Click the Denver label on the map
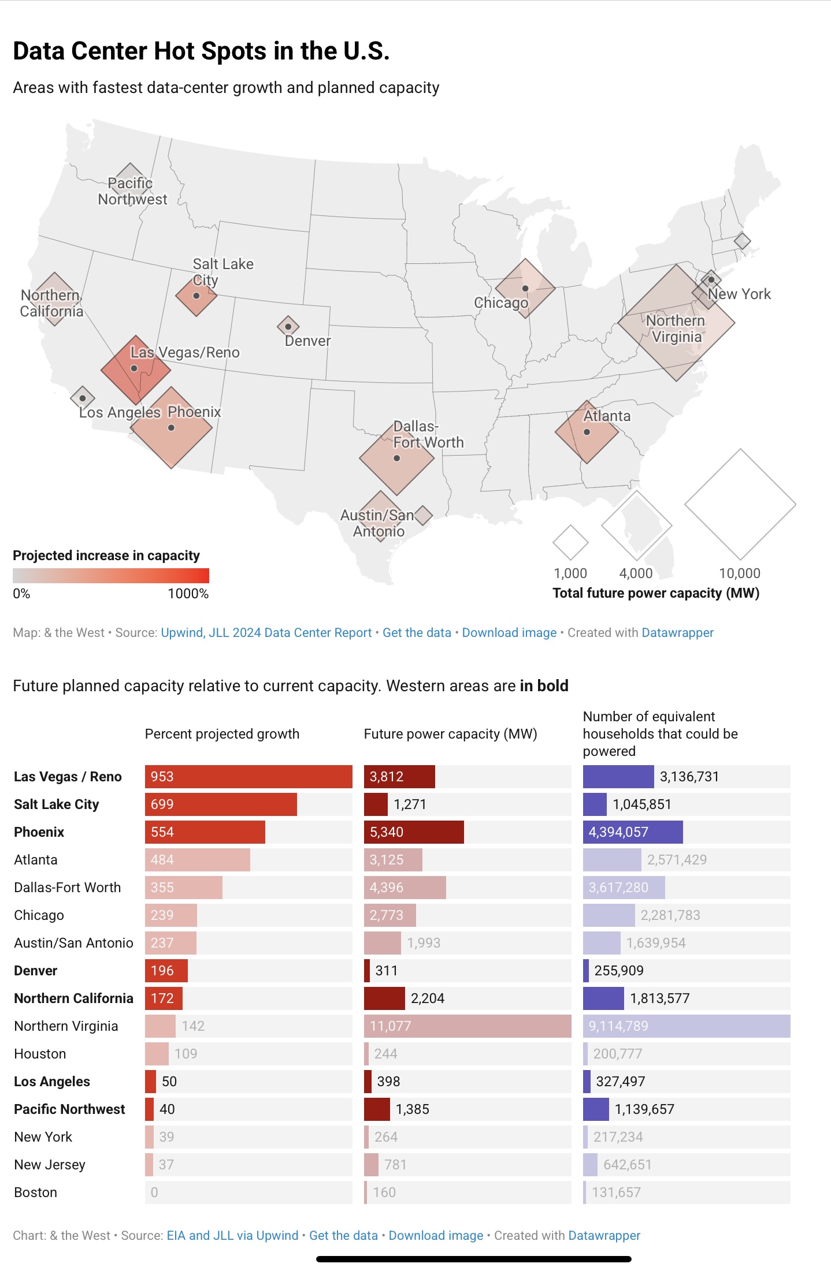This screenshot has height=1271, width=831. (x=307, y=341)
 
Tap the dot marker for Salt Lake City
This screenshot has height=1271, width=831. (x=196, y=296)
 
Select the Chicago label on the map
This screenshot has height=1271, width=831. (x=500, y=303)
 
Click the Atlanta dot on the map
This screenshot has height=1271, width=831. (x=587, y=432)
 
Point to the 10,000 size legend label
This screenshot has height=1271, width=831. (x=739, y=573)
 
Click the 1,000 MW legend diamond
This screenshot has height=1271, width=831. (x=570, y=543)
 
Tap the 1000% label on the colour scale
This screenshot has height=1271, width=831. (x=188, y=594)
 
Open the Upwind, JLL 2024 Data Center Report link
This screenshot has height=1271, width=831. (x=266, y=633)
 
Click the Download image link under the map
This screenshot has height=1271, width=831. (x=509, y=633)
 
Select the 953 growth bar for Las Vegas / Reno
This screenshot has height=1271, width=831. (x=248, y=777)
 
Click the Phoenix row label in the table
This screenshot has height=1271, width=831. (x=39, y=832)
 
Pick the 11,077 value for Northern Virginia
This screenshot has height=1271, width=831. (x=391, y=1026)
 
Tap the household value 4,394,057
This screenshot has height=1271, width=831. (x=618, y=832)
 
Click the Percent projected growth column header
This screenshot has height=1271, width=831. (x=222, y=734)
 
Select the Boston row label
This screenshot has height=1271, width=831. (x=35, y=1192)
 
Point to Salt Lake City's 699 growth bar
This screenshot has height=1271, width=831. (x=221, y=804)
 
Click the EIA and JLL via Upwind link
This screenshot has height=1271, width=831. (x=232, y=1236)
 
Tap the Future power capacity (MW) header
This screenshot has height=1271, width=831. (x=450, y=734)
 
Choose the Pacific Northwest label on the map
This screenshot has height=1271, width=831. (x=132, y=191)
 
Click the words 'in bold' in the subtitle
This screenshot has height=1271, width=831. (x=544, y=686)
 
